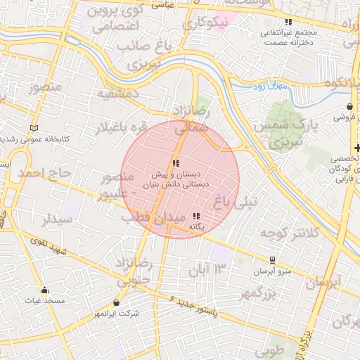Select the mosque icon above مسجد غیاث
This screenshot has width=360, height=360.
click(44, 290)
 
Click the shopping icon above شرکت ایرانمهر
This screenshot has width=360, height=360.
click(115, 303)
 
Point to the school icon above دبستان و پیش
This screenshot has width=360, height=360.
click(175, 163)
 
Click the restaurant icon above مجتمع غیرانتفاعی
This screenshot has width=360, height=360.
click(288, 22)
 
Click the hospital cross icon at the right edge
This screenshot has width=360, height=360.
click(357, 148)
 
